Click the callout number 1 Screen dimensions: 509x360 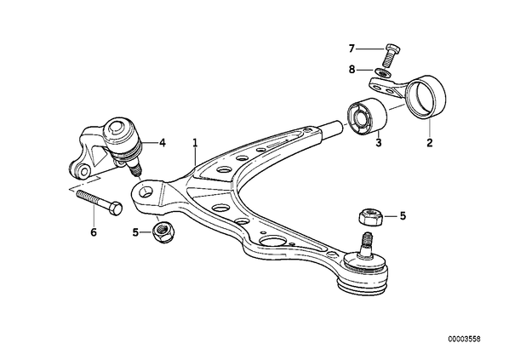click(195, 142)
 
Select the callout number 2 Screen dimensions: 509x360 click(430, 142)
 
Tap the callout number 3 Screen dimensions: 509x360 click(379, 142)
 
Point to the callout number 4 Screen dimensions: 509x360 click(162, 142)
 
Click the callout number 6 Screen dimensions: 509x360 click(94, 232)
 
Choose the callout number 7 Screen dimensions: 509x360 click(352, 49)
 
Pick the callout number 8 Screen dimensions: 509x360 click(352, 69)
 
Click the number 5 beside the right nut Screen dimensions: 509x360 click(403, 215)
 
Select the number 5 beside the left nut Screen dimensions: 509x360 click(135, 232)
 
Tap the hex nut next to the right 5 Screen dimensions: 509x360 click(370, 217)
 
